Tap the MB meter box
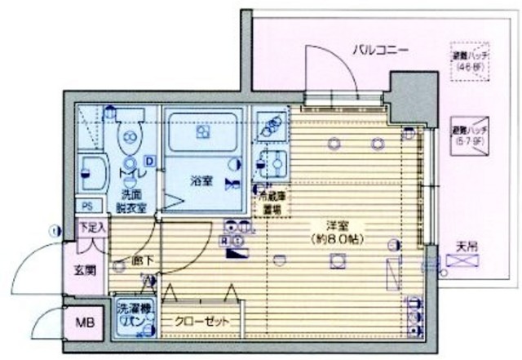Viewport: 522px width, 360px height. [86, 324]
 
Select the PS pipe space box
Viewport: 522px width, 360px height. [86, 205]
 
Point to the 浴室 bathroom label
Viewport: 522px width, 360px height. [203, 181]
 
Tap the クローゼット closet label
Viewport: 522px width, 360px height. [201, 319]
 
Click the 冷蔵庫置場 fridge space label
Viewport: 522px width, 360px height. [272, 203]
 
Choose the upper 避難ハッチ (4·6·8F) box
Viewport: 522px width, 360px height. [471, 62]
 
